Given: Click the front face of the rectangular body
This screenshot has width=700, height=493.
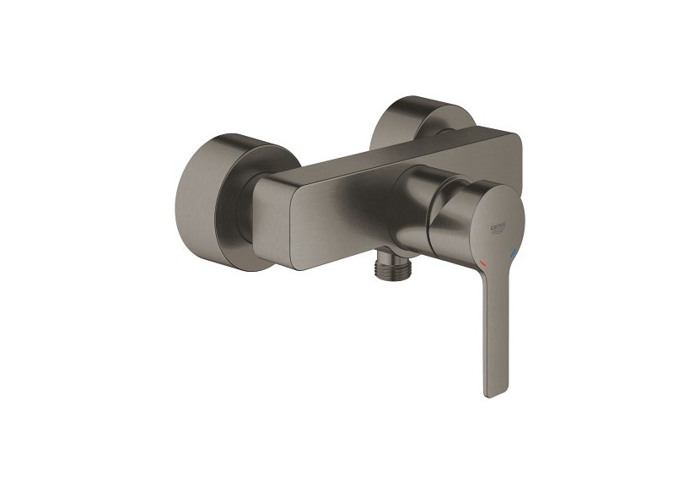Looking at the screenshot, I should pyautogui.click(x=337, y=219).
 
